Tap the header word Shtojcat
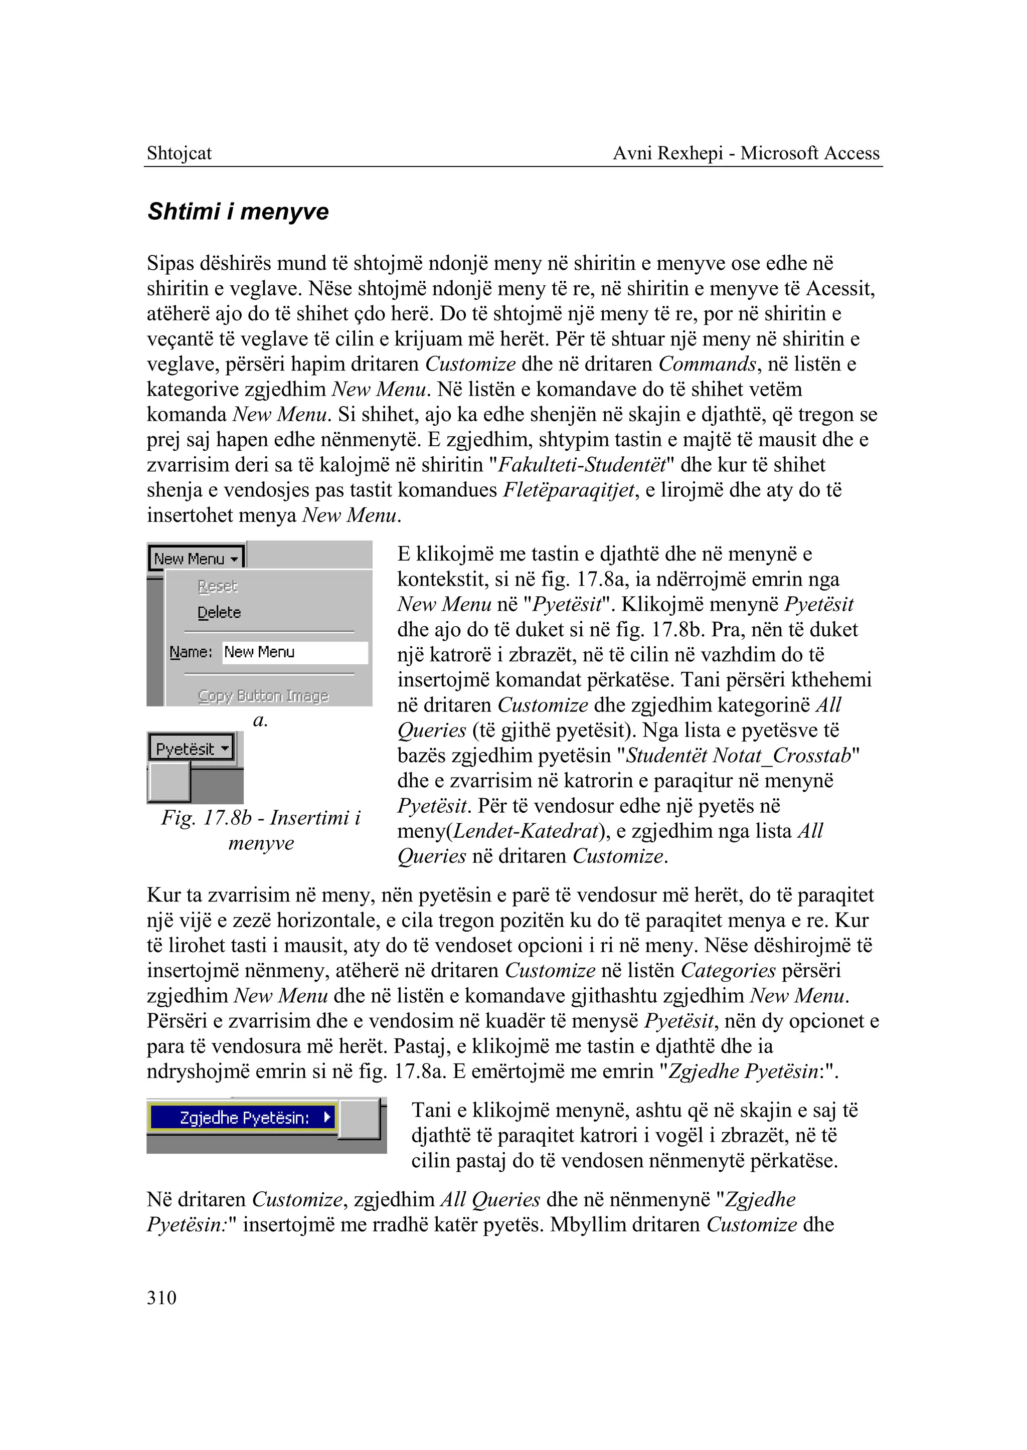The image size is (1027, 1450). (179, 153)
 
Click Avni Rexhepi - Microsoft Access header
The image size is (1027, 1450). (746, 153)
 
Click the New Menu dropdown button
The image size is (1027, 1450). (197, 559)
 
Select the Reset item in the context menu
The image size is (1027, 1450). (217, 586)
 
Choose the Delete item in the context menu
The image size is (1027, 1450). (219, 613)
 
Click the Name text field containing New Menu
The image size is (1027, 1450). (295, 652)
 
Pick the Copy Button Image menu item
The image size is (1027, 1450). (263, 695)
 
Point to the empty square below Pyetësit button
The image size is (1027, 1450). (169, 782)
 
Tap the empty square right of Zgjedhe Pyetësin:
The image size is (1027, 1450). (359, 1119)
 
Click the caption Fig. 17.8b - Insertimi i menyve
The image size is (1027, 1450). (261, 830)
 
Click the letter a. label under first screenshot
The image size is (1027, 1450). (260, 720)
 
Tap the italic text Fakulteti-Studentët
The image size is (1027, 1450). (582, 465)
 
